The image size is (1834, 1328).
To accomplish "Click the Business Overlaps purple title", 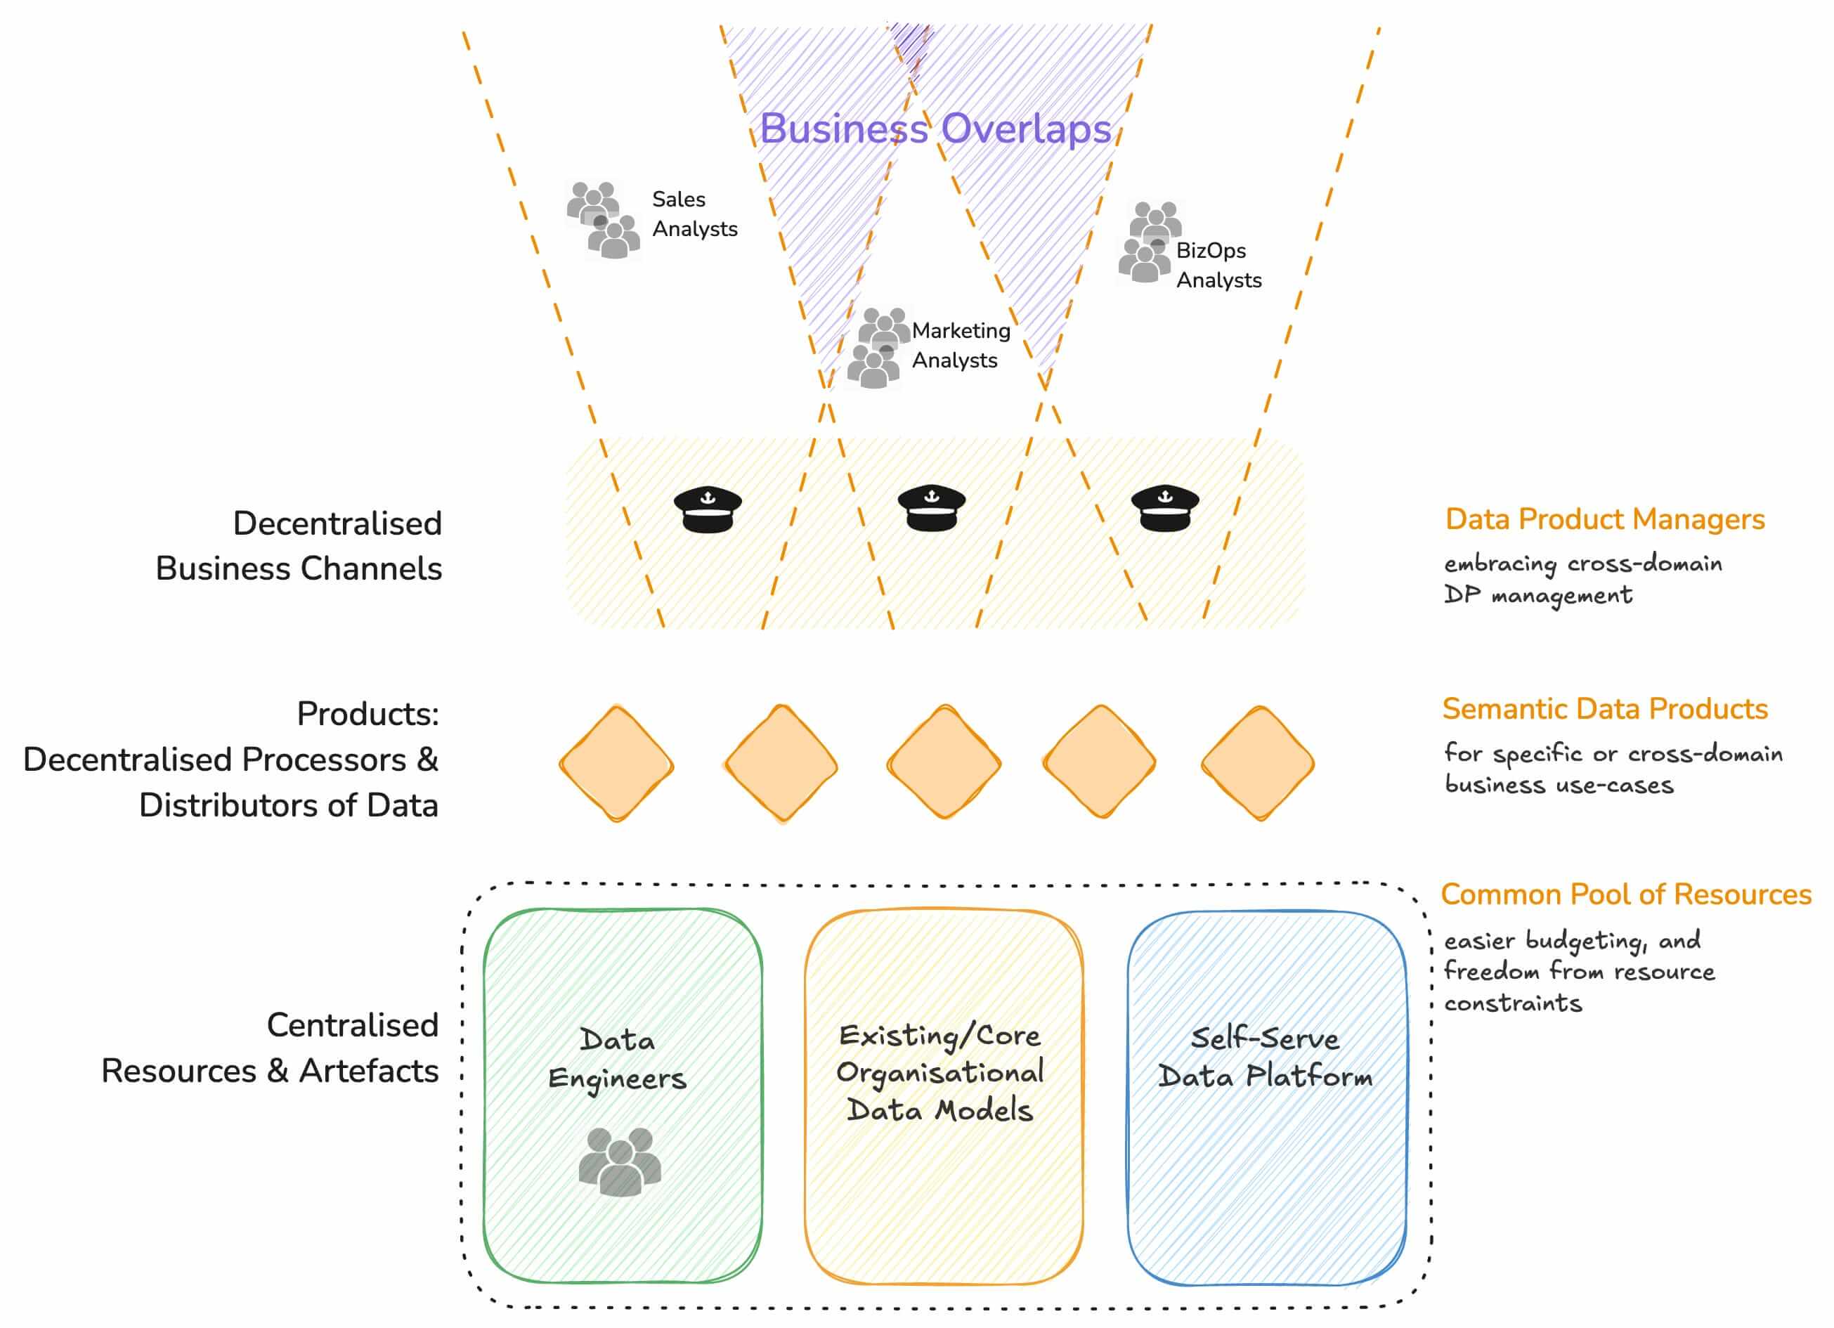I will [x=935, y=129].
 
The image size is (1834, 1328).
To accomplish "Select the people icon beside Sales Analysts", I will [x=603, y=220].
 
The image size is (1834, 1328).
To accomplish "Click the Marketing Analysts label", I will [x=961, y=345].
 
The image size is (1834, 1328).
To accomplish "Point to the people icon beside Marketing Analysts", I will [x=878, y=349].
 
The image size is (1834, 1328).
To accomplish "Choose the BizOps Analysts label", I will [x=1218, y=266].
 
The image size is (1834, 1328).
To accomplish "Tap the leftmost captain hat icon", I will [x=708, y=509].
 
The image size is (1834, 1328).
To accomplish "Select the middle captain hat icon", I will [x=932, y=508].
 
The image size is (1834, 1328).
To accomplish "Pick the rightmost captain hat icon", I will [x=1164, y=509].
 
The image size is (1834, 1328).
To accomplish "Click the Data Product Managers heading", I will [x=1604, y=519].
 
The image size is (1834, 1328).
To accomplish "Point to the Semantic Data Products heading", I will [x=1604, y=709].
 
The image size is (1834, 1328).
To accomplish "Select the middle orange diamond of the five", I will [x=944, y=762].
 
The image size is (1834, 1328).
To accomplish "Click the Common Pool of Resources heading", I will [x=1625, y=894].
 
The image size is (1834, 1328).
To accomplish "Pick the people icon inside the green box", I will [x=620, y=1162].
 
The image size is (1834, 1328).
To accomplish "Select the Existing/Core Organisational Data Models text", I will [x=940, y=1072].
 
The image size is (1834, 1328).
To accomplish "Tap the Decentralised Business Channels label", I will [x=299, y=546].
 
